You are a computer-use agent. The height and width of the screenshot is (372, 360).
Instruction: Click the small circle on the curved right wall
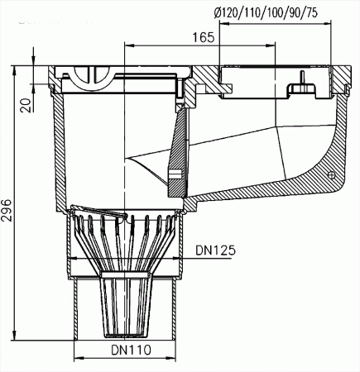(331, 176)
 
